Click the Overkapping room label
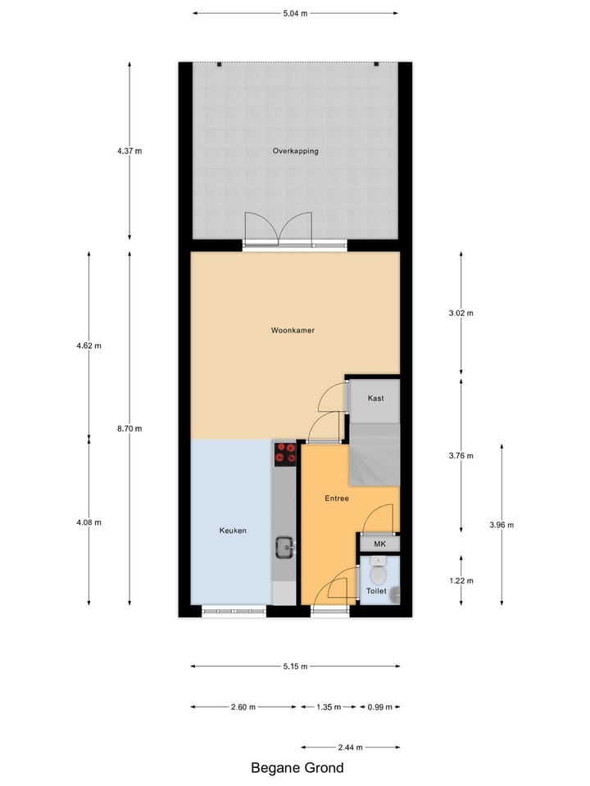pos(295,151)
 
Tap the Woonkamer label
pos(293,331)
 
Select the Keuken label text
pos(233,531)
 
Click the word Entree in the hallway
pos(337,498)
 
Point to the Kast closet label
pos(375,398)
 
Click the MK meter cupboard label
pos(379,544)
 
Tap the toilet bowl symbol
pos(377,566)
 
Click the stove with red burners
pos(285,453)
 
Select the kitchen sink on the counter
pos(284,546)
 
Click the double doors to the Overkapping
pos(279,229)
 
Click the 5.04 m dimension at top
pos(295,14)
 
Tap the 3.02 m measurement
pos(461,313)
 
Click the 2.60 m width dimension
pos(243,707)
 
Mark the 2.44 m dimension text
pos(351,748)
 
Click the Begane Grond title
pos(297,768)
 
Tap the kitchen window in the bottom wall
pos(234,610)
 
